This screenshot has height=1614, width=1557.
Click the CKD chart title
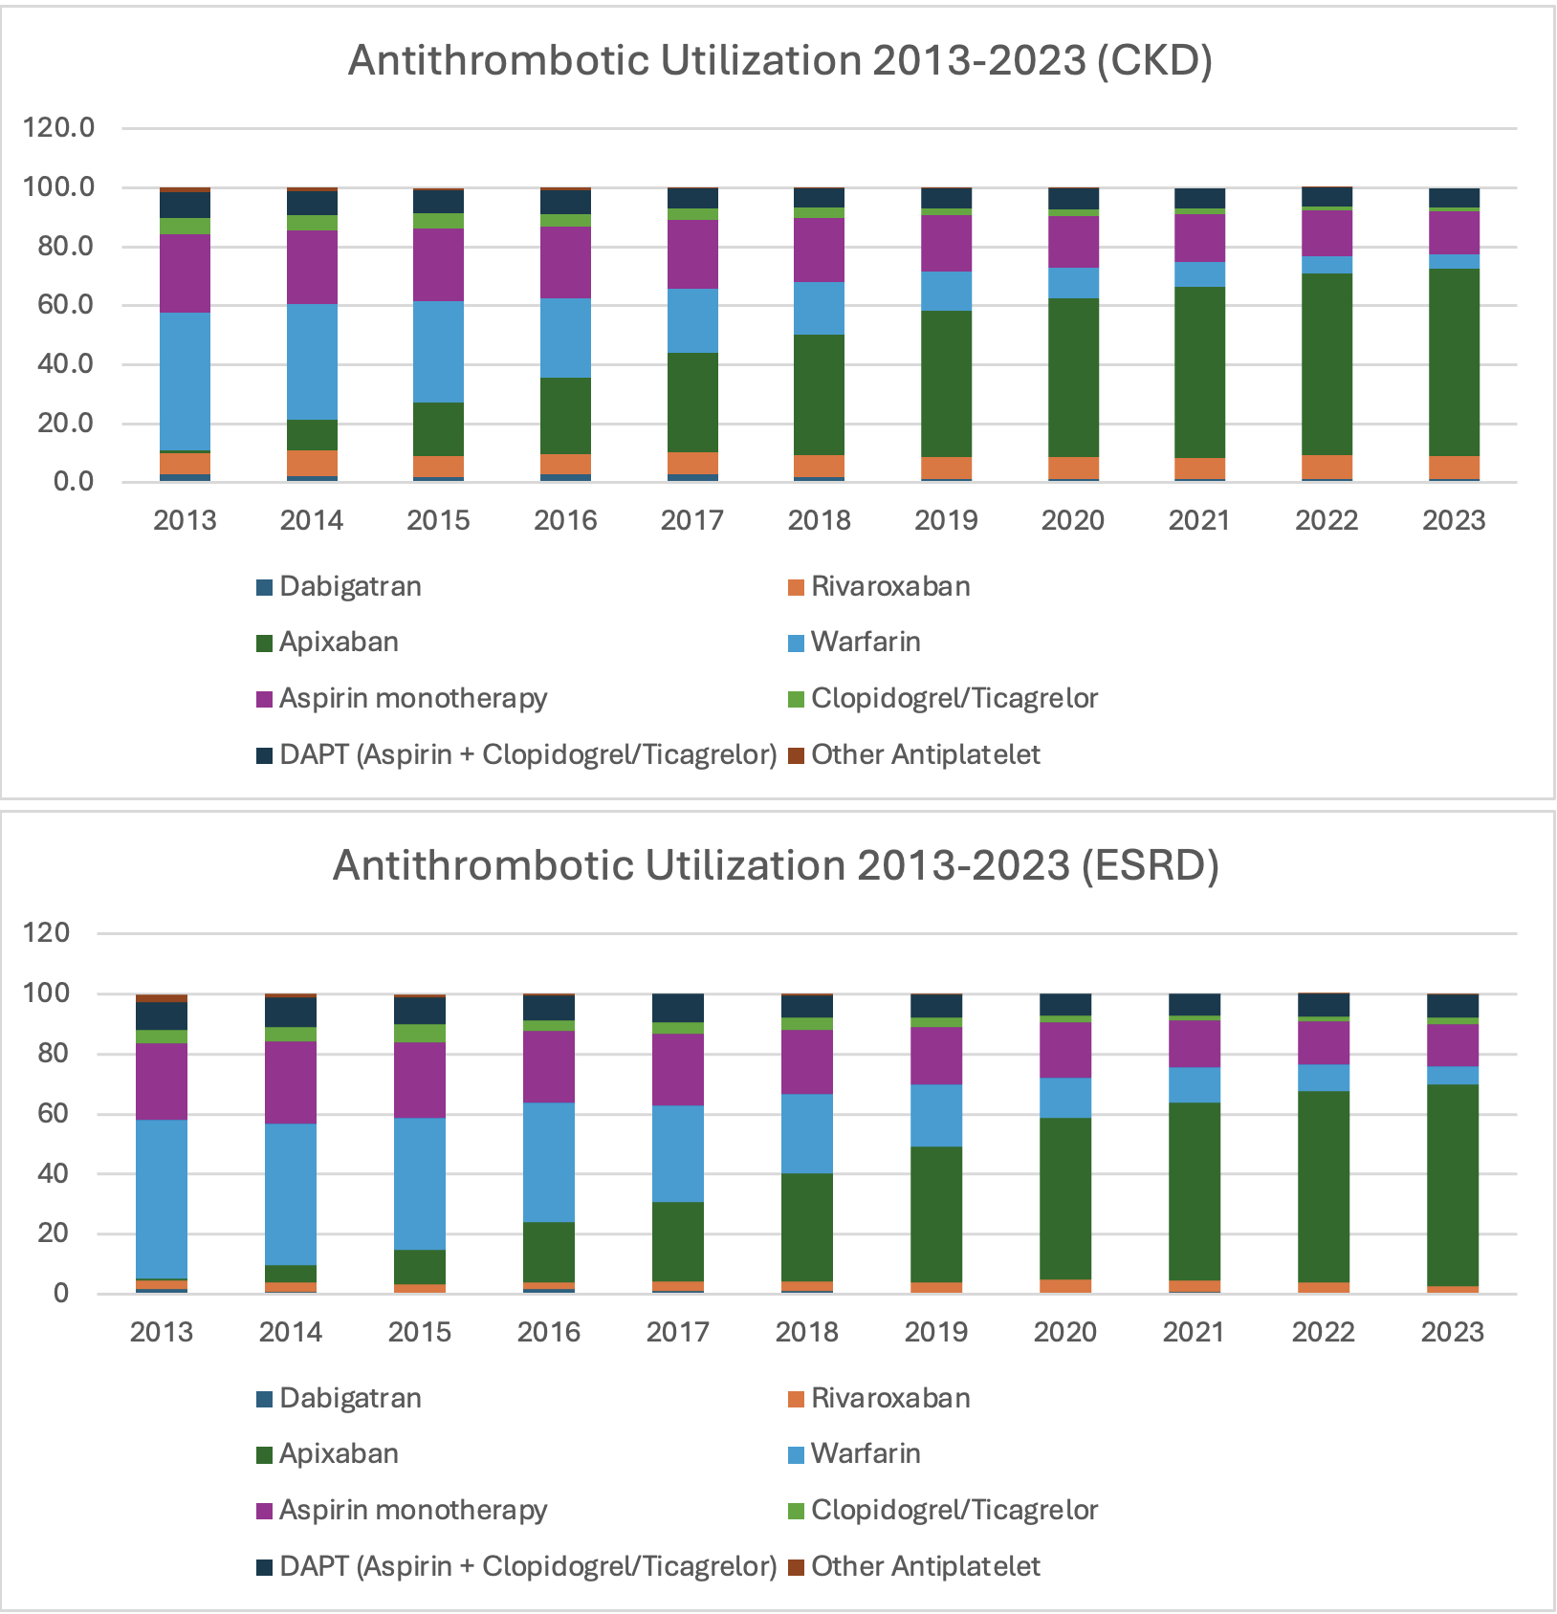point(779,60)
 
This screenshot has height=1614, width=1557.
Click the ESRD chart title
point(776,865)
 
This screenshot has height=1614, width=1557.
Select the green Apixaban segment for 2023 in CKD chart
point(1454,362)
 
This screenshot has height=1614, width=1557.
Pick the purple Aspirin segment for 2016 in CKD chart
point(565,262)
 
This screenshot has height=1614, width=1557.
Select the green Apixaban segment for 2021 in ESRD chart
point(1194,1191)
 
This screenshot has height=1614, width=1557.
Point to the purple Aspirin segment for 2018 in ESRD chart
point(807,1061)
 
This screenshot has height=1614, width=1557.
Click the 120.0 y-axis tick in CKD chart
point(59,127)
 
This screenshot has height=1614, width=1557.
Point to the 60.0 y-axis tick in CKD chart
point(59,305)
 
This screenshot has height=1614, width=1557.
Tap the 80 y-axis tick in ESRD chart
point(47,1054)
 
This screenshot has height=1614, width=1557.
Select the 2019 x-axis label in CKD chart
point(946,520)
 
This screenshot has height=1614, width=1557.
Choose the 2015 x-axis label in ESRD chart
point(419,1332)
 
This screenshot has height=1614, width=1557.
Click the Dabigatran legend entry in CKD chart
point(349,586)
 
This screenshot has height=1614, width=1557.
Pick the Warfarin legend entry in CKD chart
point(865,642)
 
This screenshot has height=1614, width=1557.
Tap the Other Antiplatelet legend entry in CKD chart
point(924,754)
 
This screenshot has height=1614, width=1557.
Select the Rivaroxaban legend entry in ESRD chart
point(889,1398)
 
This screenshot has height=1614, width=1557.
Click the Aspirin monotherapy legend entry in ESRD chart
point(412,1510)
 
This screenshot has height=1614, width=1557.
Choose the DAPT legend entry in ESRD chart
point(527,1566)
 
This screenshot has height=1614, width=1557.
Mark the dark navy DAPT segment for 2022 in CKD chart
point(1327,197)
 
